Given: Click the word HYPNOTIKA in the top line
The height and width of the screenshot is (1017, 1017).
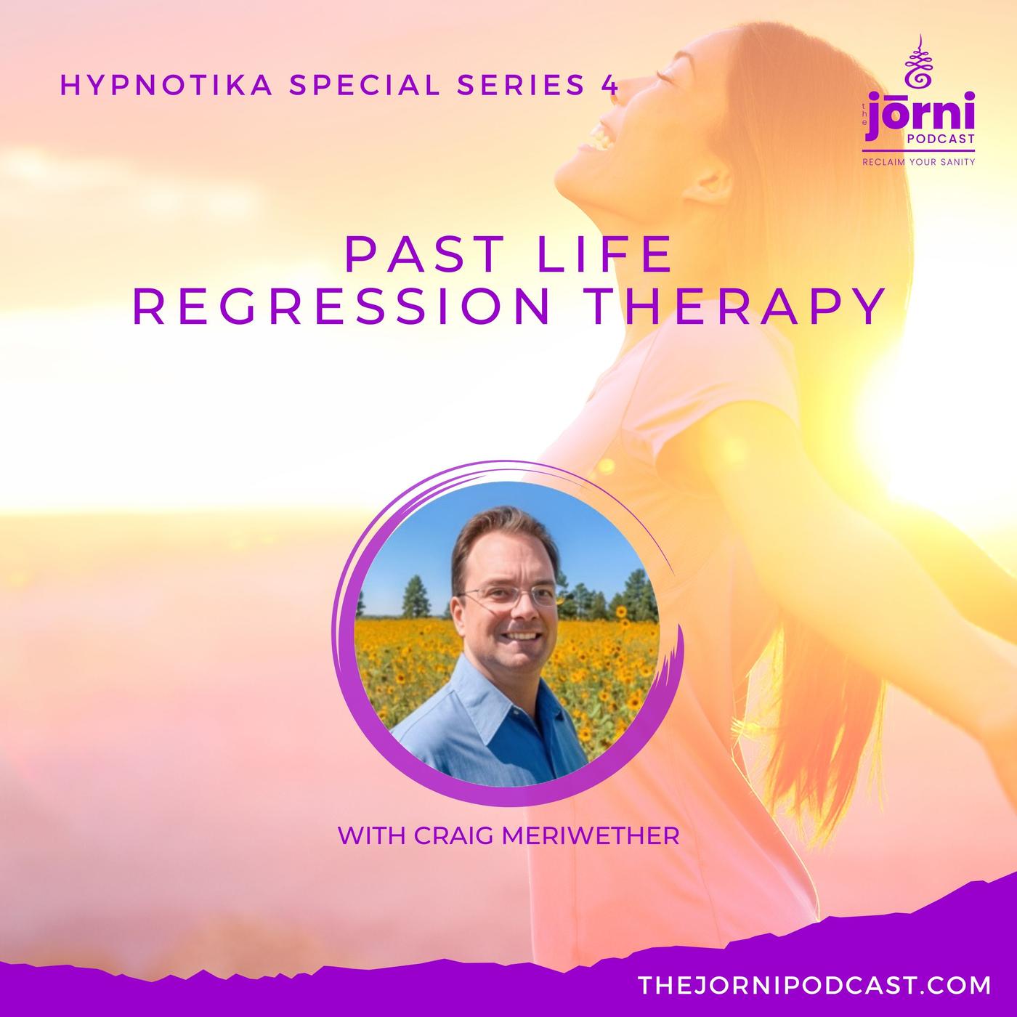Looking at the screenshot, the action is tap(166, 86).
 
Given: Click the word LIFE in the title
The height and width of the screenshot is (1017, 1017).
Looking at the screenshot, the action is tap(604, 255).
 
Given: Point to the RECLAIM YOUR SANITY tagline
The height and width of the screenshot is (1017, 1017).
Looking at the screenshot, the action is tap(919, 162).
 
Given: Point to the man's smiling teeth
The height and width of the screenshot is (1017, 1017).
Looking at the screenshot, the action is tap(522, 636).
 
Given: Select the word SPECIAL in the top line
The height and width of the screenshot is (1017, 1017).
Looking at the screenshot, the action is tap(365, 86).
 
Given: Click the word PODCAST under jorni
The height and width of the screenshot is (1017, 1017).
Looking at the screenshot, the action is tap(941, 139).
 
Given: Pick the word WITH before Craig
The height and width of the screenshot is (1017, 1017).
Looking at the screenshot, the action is tap(371, 836).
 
